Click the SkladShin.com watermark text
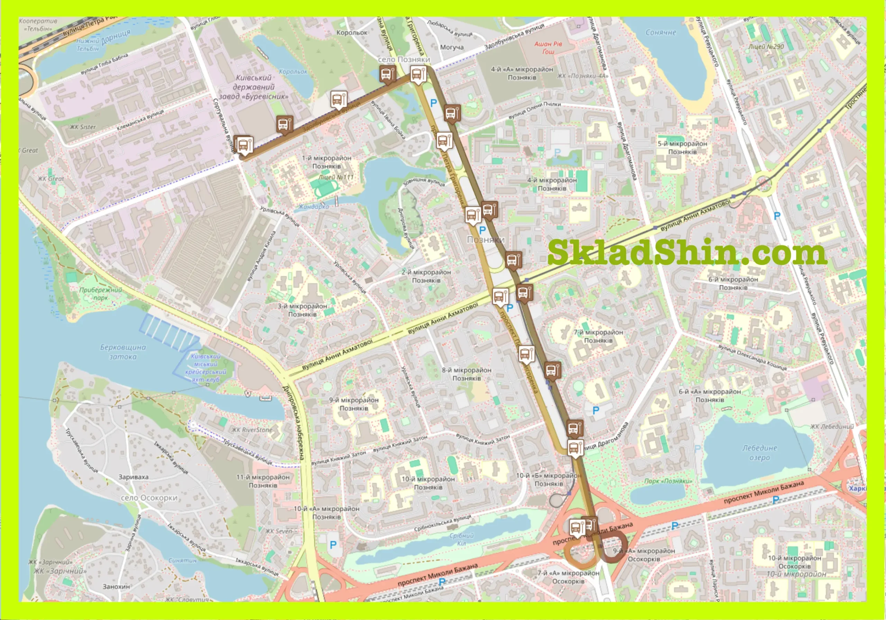click(687, 252)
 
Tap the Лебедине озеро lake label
click(759, 453)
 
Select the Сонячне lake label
click(661, 33)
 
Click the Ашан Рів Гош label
click(548, 47)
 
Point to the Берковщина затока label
click(123, 352)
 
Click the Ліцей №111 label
click(336, 177)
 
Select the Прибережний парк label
click(100, 294)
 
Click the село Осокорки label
click(149, 497)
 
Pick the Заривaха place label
click(133, 477)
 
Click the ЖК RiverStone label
click(252, 429)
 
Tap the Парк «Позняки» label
click(668, 481)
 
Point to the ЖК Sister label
click(83, 127)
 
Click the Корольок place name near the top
click(352, 33)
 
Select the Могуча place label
click(452, 47)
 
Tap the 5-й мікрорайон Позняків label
click(682, 148)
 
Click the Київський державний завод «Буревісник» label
click(254, 87)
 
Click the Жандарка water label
click(313, 207)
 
